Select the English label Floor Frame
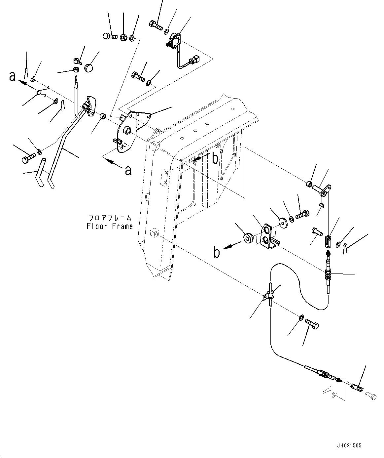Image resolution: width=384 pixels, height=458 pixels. point(110,227)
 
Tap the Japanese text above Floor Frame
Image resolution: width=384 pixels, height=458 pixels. point(110,218)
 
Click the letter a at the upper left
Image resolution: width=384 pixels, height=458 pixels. point(13,76)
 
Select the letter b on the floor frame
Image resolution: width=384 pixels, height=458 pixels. point(215,159)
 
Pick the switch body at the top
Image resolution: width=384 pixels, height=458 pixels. point(175,40)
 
